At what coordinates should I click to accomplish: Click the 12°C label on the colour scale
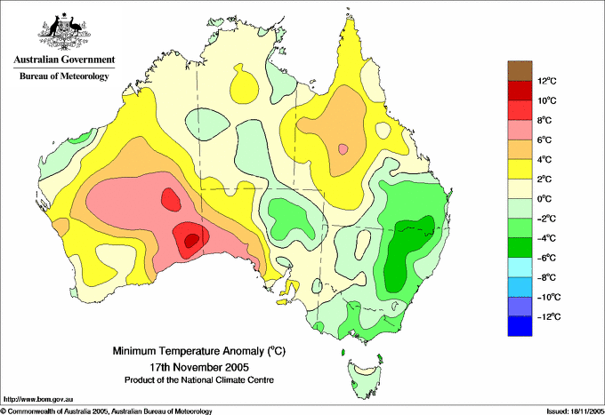[547, 81]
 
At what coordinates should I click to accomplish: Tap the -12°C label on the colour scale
[549, 316]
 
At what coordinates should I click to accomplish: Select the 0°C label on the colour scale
[544, 199]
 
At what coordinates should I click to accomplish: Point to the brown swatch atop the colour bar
[520, 71]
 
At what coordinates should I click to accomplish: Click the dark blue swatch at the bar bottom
[520, 326]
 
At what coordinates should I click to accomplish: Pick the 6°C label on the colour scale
[544, 140]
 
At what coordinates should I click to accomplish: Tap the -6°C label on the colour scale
[546, 258]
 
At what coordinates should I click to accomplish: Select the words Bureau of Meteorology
[64, 76]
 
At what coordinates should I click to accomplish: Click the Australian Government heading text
[64, 60]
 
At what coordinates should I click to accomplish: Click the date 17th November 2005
[199, 366]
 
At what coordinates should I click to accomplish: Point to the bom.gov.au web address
[38, 400]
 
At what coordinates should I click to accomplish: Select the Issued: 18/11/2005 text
[576, 411]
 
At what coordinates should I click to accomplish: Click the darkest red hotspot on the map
[192, 241]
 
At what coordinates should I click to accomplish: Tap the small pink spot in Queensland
[343, 148]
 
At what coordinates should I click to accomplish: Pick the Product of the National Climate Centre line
[199, 380]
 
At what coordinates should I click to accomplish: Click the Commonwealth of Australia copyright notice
[107, 411]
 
